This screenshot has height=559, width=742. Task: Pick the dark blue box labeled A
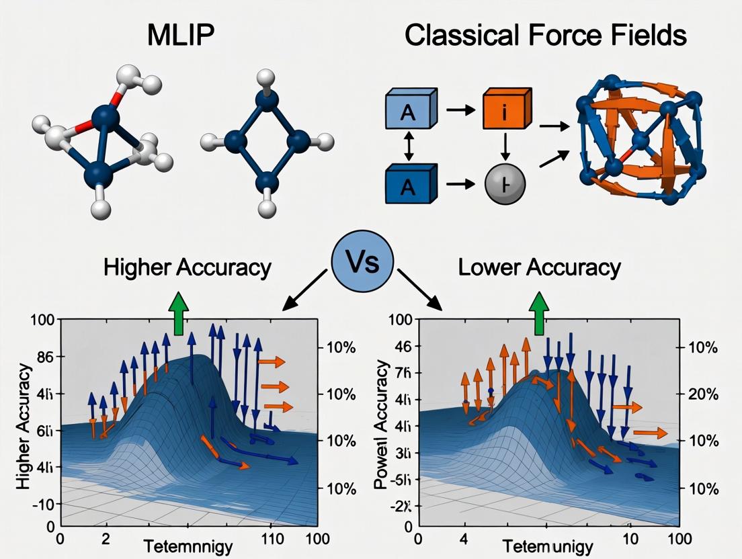(x=409, y=185)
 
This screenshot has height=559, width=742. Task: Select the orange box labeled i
(x=502, y=112)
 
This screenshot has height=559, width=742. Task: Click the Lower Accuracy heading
(x=539, y=267)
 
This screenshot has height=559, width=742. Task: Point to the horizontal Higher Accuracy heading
(x=188, y=267)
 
